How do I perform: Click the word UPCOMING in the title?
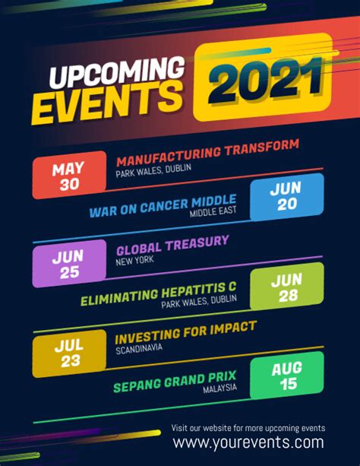tap(117, 72)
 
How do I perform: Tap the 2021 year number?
tap(265, 80)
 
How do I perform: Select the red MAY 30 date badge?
tap(69, 175)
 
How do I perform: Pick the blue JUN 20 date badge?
tap(287, 197)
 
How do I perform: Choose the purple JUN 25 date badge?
tap(69, 264)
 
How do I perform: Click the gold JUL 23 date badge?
tap(69, 353)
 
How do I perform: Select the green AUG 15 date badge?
tap(287, 376)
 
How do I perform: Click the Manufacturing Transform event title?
tap(207, 153)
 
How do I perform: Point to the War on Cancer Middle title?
tap(163, 206)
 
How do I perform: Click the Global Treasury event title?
tap(172, 246)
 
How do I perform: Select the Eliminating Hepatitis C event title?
tap(159, 293)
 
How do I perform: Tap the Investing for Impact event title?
tap(185, 332)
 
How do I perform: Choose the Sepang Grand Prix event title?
tap(175, 382)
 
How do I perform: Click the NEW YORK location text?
tap(135, 262)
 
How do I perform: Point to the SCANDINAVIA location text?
tap(139, 349)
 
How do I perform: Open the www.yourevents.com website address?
tap(248, 442)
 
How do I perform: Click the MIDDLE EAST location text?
tap(213, 212)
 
